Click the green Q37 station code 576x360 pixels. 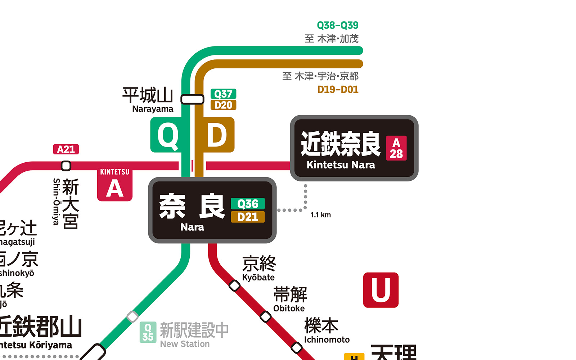223,94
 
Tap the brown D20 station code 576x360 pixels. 223,105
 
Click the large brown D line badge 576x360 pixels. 217,135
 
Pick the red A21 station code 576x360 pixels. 66,149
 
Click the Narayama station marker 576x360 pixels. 192,99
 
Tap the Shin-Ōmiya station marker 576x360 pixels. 66,166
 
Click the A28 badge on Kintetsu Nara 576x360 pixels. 396,148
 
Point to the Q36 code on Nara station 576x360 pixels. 248,204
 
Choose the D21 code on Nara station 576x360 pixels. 248,217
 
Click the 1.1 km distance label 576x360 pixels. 321,215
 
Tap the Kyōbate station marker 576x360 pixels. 234,286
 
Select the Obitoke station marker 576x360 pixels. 266,317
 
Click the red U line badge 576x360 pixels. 381,290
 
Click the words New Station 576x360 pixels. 185,344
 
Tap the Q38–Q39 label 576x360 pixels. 337,25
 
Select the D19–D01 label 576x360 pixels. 338,90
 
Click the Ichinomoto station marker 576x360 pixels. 297,348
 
